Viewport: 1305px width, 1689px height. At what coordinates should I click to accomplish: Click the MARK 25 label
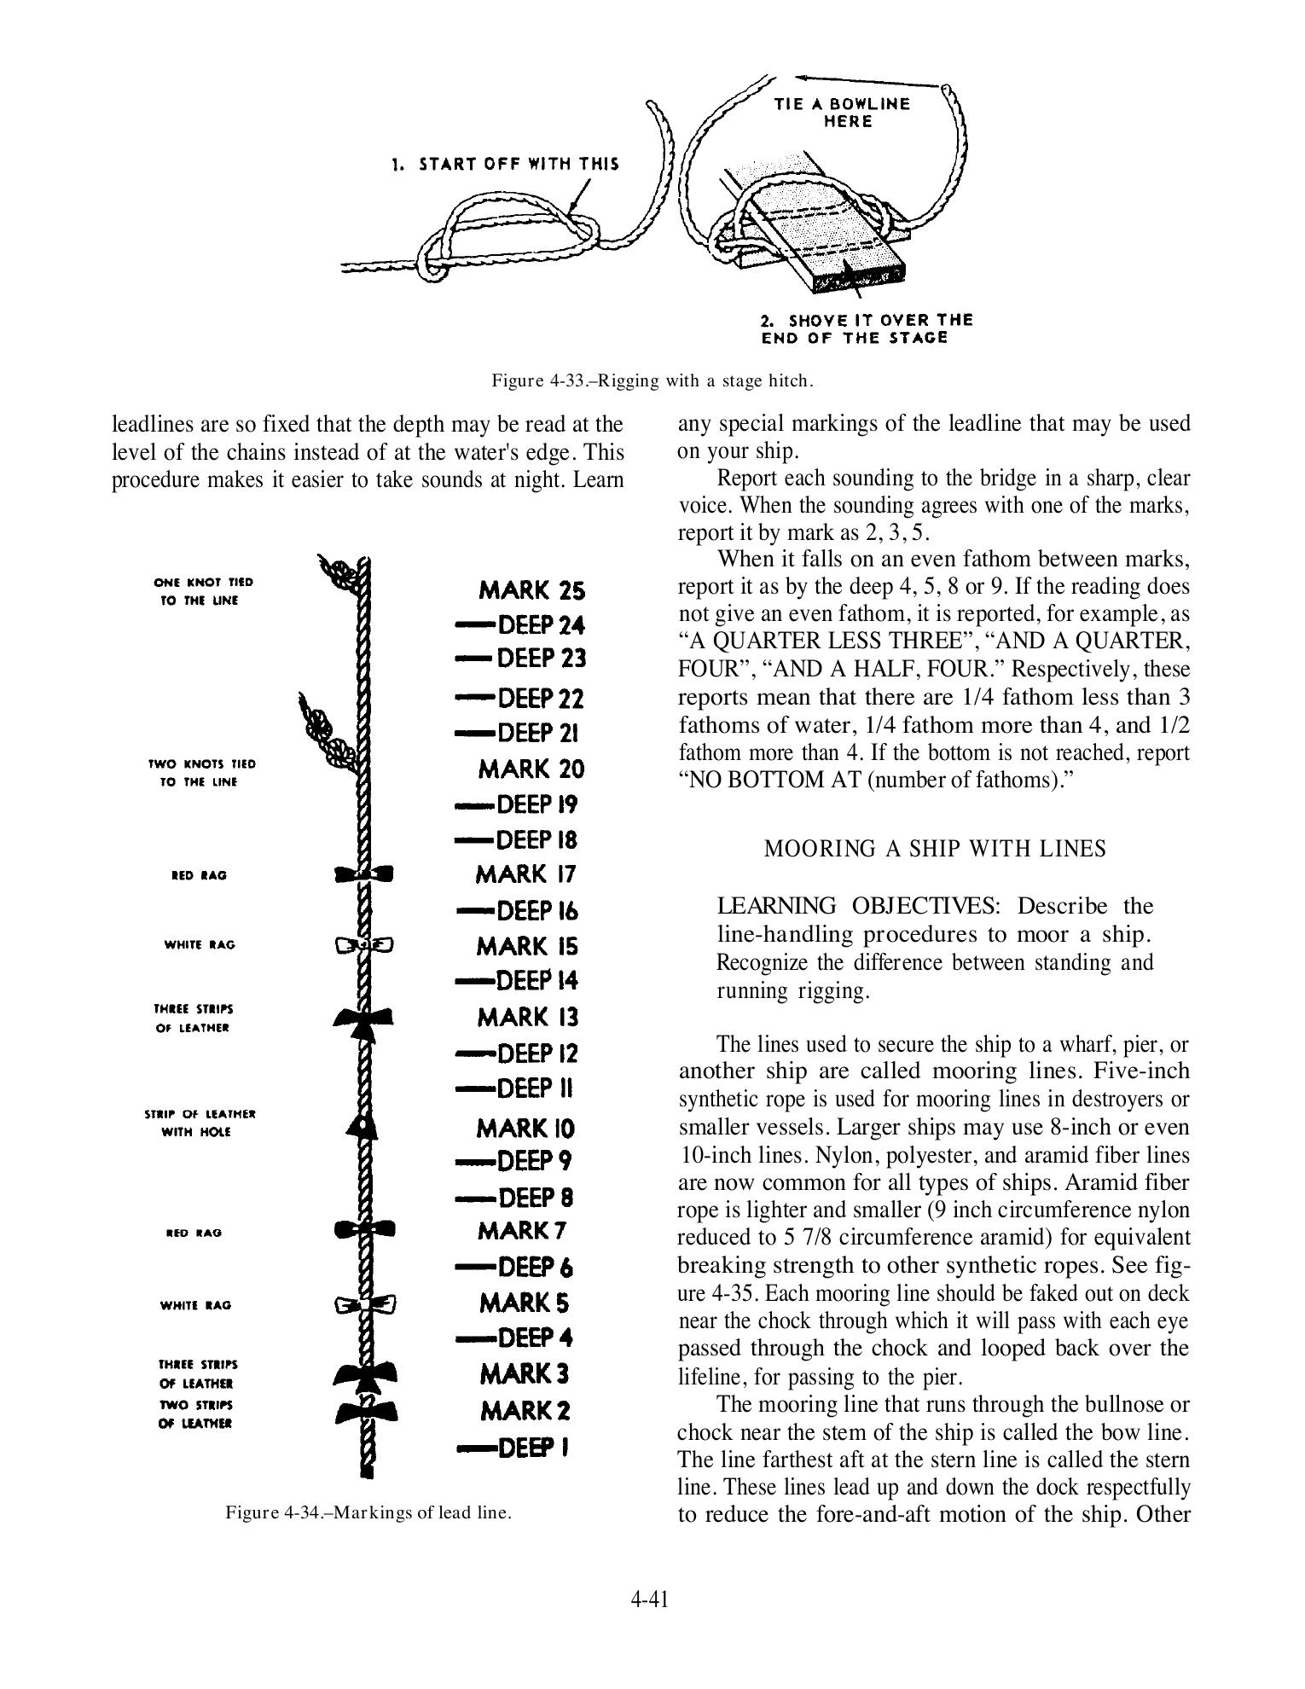pyautogui.click(x=531, y=590)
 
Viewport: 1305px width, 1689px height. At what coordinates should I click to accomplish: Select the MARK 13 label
pyautogui.click(x=528, y=1017)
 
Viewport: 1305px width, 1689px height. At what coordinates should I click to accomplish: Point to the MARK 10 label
pyautogui.click(x=525, y=1129)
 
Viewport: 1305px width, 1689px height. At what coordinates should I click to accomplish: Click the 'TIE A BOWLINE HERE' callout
pyautogui.click(x=842, y=113)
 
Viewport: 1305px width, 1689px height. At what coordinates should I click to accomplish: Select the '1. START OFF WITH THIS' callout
pyautogui.click(x=505, y=164)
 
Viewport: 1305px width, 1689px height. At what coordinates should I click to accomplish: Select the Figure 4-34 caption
pyautogui.click(x=368, y=1513)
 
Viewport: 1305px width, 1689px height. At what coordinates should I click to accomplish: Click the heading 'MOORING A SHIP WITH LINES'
pyautogui.click(x=935, y=849)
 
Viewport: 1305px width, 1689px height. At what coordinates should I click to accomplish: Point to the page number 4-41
pyautogui.click(x=649, y=1599)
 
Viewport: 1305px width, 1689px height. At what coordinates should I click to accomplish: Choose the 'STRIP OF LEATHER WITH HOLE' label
pyautogui.click(x=200, y=1123)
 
